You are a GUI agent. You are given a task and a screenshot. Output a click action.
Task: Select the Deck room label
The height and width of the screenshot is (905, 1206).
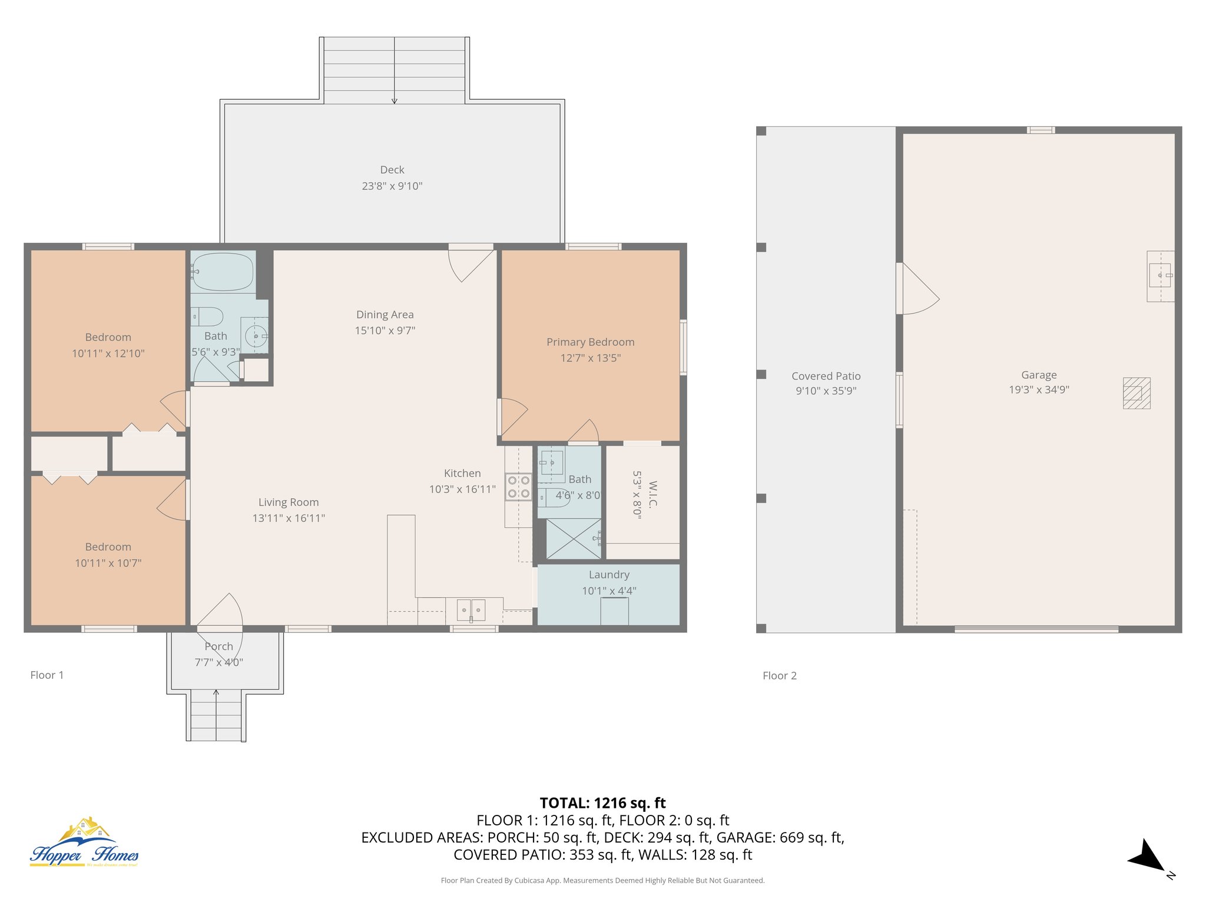392,170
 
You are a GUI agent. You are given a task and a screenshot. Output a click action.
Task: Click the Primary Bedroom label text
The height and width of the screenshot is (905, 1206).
591,342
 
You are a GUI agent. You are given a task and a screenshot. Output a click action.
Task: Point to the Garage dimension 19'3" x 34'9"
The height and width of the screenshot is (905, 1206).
1039,389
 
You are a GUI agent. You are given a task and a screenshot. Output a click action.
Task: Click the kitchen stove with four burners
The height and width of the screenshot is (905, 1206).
518,487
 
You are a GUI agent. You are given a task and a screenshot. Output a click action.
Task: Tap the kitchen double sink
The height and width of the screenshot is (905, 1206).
471,610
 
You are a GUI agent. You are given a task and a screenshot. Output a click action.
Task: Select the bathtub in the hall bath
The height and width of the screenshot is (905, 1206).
223,272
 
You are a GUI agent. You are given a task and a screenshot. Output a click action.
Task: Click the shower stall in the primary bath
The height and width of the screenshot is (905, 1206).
574,539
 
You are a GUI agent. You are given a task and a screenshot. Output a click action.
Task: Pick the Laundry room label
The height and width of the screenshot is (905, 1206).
609,574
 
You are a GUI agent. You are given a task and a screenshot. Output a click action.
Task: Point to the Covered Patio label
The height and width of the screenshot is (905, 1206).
826,376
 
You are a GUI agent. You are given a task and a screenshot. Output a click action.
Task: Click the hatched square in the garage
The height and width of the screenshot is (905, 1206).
1137,393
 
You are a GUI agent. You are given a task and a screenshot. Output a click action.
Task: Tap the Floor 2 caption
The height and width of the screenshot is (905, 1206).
780,676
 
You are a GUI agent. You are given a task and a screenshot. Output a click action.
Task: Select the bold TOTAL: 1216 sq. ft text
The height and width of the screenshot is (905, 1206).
602,803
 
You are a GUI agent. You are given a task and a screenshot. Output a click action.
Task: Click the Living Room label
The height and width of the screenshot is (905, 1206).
289,502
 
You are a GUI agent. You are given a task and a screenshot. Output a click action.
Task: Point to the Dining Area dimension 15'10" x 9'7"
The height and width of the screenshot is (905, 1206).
385,331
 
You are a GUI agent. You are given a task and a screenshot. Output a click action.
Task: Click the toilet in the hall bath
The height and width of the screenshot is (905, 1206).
207,316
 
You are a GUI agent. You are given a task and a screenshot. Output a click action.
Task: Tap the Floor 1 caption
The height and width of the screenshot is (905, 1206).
47,675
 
